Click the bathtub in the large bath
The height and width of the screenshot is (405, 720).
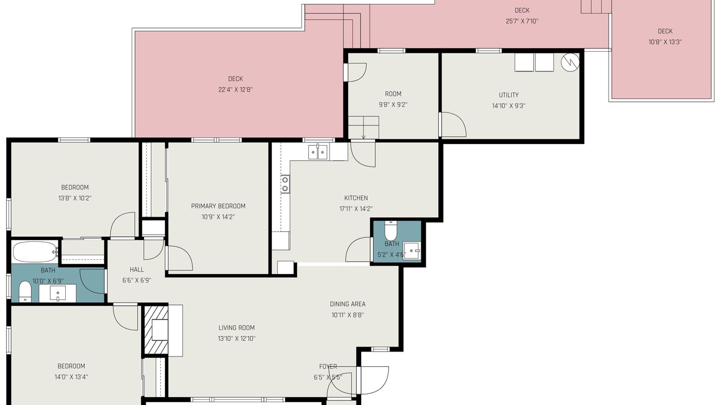tap(35, 251)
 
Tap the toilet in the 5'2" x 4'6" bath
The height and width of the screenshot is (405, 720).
tap(391, 230)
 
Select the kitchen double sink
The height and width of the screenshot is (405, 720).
tap(318, 152)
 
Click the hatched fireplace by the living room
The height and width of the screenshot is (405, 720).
tap(156, 330)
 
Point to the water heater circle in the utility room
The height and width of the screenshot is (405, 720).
tap(570, 62)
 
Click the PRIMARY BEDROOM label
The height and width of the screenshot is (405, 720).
tap(218, 206)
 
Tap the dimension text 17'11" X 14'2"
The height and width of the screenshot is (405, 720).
tap(356, 209)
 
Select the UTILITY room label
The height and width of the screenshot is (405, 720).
tap(509, 95)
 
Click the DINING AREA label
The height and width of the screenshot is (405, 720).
tap(348, 304)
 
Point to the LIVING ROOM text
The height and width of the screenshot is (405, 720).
tap(237, 328)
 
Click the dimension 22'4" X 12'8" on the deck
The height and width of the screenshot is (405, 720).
tap(236, 89)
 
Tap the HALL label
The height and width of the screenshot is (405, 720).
tap(137, 269)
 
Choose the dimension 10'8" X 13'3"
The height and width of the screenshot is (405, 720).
tap(665, 42)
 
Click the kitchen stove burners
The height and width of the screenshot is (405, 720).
tap(285, 184)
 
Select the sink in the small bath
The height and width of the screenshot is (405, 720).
tap(412, 251)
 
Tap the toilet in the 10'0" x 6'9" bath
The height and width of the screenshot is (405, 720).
tap(25, 292)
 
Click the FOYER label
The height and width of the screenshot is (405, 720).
tap(328, 367)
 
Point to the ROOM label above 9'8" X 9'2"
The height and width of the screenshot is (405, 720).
tap(393, 94)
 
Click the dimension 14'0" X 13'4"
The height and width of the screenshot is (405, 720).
tap(71, 377)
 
